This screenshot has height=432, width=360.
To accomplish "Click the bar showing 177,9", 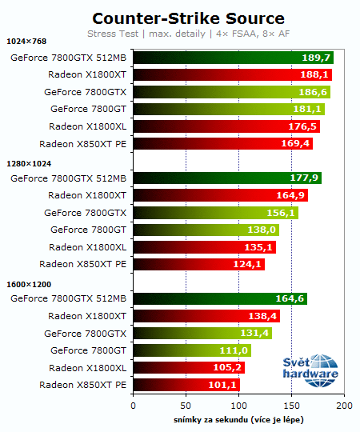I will pos(227,178).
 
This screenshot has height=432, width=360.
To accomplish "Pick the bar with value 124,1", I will pos(198,264).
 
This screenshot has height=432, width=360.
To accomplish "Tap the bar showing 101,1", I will pos(186,385).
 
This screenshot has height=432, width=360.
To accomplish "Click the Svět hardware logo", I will pos(310,367).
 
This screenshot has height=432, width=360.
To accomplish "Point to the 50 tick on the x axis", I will pos(186,406).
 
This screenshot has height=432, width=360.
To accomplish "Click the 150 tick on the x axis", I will pos(291,406).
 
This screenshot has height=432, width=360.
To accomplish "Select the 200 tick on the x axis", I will pos(344,406).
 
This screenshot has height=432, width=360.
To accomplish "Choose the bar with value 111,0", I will pos(192,350).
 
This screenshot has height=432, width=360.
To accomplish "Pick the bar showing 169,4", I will pos(222,144).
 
